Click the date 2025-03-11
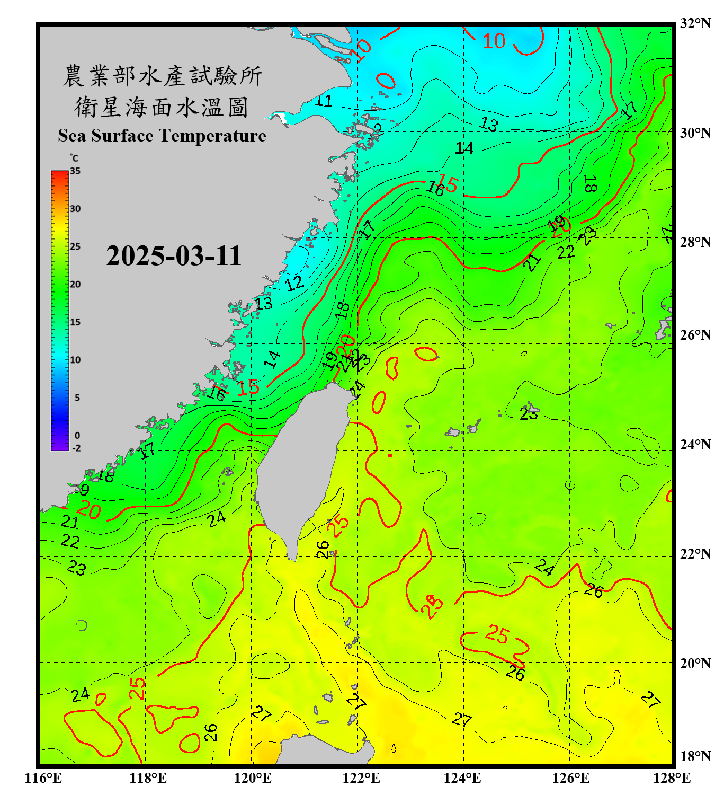coord(174,256)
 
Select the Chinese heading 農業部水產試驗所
coord(163,76)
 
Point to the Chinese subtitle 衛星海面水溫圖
coord(162,107)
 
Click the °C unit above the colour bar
coord(74,158)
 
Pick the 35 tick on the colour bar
coord(75,171)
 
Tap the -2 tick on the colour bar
coord(76,448)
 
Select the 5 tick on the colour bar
coord(77,397)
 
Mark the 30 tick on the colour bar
coord(75,209)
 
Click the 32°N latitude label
coord(695,23)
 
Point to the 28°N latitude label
coord(695,242)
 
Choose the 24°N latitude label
coord(695,444)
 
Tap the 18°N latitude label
coord(695,756)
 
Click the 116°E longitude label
coord(43,778)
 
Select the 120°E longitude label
coord(253,778)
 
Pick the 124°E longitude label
coord(462,778)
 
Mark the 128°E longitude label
coord(672,778)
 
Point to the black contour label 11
coord(323,101)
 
